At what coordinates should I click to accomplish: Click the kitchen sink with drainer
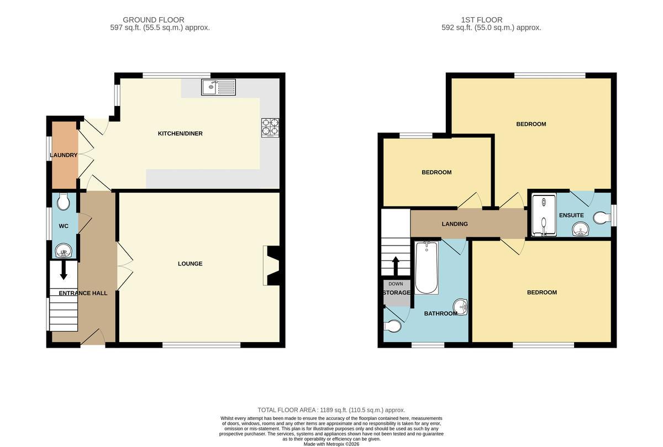coord(218,87)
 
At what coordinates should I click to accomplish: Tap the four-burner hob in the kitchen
coord(270,127)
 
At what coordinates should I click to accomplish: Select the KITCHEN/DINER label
coord(180,134)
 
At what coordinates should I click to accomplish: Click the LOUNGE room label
coord(190,264)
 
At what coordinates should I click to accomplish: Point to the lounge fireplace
coord(271,265)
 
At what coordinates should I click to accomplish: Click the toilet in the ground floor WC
coord(64,202)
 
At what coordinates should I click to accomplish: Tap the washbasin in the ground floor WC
coord(64,251)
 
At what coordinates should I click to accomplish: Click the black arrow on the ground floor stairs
coord(64,270)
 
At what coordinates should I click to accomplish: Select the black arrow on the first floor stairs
coord(396,266)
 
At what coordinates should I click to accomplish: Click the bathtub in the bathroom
coord(427,268)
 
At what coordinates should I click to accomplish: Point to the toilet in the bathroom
coord(392,326)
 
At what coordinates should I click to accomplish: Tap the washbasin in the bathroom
coord(460,307)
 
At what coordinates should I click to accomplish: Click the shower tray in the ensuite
coord(544,215)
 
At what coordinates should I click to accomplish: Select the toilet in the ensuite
coord(602,218)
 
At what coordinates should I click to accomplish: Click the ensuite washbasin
coord(581,229)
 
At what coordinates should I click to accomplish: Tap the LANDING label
coord(455,224)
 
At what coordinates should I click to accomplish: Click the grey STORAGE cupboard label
coord(397,292)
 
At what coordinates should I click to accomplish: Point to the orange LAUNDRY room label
coord(64,155)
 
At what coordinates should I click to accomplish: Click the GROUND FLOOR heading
coord(154,20)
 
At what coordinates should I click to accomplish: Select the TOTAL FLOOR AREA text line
coord(331,410)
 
